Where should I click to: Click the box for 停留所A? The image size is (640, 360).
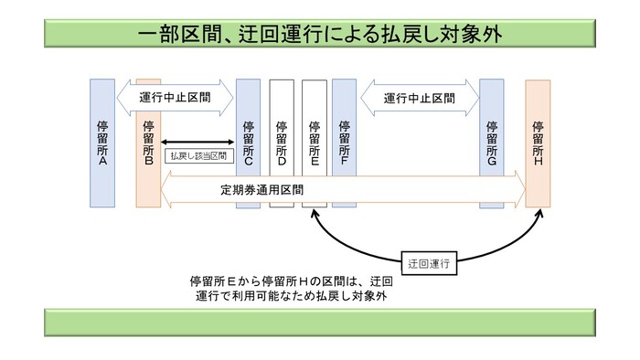[x=101, y=143]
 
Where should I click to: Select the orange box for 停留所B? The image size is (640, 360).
[x=148, y=143]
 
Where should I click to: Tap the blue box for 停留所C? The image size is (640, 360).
[x=248, y=143]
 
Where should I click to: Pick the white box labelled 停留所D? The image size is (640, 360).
[x=281, y=143]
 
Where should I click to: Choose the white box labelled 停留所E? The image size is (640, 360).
[x=314, y=143]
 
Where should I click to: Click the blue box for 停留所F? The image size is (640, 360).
[x=344, y=143]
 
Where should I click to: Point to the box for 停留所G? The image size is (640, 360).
[x=492, y=143]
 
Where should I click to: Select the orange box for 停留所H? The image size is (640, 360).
[x=538, y=143]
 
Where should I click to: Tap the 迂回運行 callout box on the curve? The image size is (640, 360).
[x=430, y=259]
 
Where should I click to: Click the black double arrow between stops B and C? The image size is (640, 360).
[x=199, y=141]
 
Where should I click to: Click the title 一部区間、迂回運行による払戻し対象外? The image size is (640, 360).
[x=319, y=34]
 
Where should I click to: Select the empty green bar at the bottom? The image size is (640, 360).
[x=319, y=322]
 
